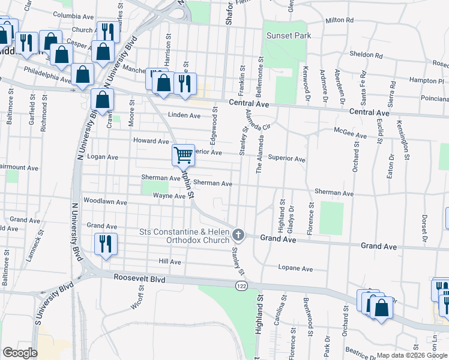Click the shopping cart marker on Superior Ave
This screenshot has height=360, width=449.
coord(183,155)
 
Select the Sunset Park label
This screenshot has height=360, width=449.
coord(289,35)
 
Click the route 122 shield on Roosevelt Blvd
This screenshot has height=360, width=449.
coord(241,287)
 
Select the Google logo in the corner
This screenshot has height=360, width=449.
coord(20,353)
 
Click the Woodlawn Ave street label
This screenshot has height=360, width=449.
coord(106,202)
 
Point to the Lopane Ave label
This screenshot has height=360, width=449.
coord(295,268)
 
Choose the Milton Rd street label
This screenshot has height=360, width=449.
coord(339,20)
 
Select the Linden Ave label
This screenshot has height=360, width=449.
coord(184,115)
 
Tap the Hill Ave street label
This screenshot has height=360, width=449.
coord(170,262)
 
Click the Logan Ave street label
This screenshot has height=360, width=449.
coord(103,157)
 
